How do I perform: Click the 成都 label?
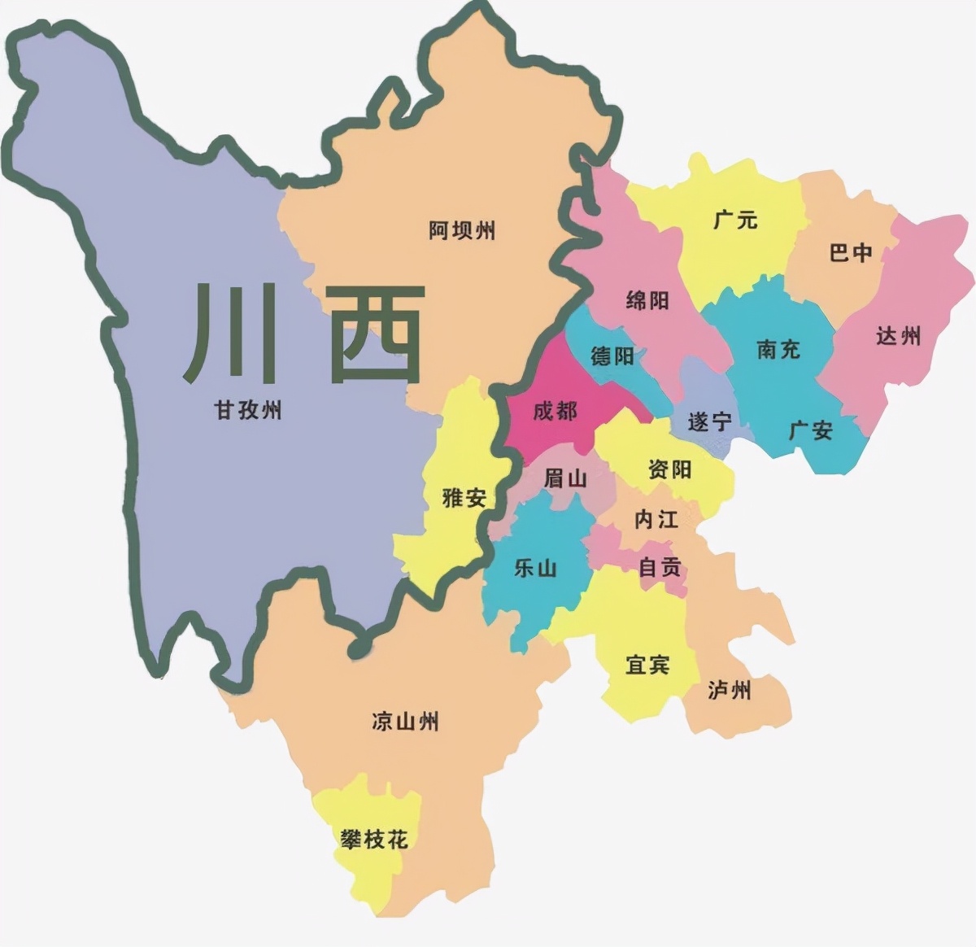click(x=555, y=411)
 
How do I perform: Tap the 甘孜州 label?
click(x=248, y=409)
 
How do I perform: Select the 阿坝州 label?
click(x=462, y=231)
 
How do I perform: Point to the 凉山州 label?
click(x=405, y=721)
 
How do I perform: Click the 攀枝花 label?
click(x=374, y=839)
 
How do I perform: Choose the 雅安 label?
click(x=464, y=497)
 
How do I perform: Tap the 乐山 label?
click(x=535, y=568)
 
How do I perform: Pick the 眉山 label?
click(x=564, y=478)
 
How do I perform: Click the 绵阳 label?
click(x=647, y=300)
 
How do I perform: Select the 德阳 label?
click(x=612, y=356)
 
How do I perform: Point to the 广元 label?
click(x=735, y=219)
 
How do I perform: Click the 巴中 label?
click(x=851, y=253)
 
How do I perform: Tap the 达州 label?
click(x=898, y=335)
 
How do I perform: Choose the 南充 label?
click(x=778, y=349)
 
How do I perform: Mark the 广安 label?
click(x=811, y=430)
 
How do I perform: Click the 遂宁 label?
click(x=709, y=421)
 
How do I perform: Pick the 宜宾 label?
click(x=647, y=665)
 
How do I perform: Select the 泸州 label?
click(x=729, y=691)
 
